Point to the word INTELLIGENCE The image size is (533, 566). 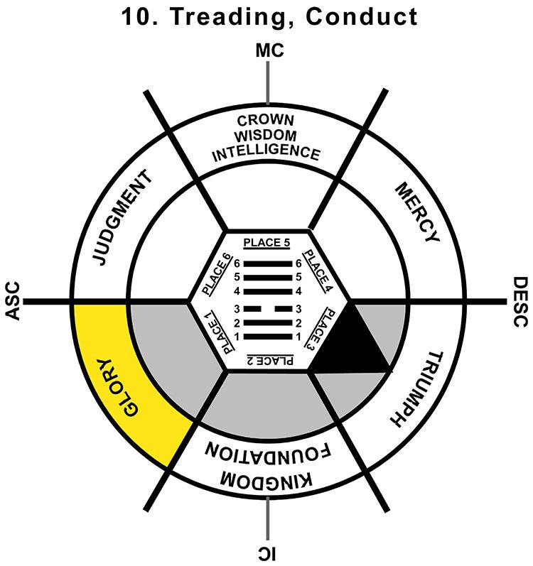tap(267, 151)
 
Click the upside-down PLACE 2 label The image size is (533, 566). tap(267, 361)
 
